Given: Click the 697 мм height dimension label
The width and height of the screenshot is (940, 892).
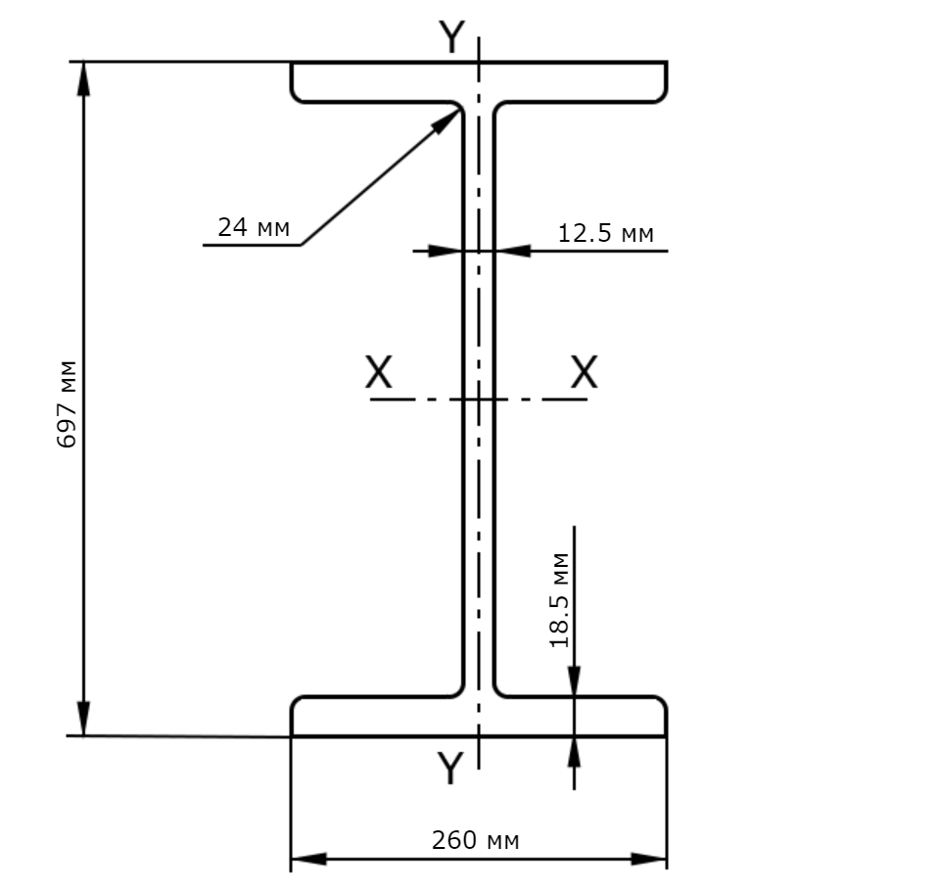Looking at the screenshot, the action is (x=68, y=404).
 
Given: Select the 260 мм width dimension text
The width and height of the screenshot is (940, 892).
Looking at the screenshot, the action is (x=476, y=840).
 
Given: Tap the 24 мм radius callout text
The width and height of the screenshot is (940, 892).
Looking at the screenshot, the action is (x=254, y=228).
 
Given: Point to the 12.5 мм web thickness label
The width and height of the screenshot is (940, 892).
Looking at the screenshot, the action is (x=605, y=233).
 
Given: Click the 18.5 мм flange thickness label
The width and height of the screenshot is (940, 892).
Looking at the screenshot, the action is (x=559, y=600).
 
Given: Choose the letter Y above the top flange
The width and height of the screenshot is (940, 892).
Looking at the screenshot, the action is (x=451, y=36).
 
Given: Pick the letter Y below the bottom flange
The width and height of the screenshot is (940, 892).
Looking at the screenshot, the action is (x=450, y=768).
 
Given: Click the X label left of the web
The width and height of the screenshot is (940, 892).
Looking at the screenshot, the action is (x=379, y=372).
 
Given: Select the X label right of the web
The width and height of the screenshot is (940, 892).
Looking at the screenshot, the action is (x=584, y=372).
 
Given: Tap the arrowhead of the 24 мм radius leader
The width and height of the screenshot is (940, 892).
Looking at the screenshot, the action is (x=449, y=119).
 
